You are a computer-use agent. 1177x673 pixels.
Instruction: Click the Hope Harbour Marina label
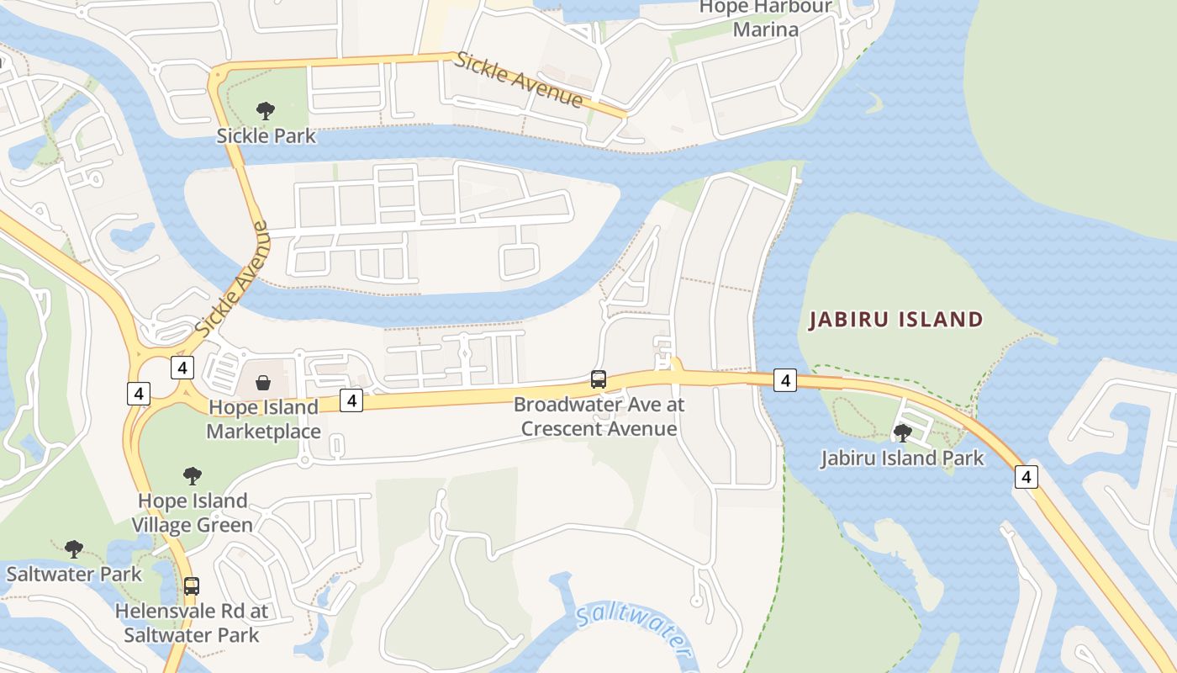coord(765,19)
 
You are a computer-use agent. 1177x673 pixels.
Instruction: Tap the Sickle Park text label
coord(267,135)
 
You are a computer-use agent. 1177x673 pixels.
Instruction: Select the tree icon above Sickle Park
coord(266,110)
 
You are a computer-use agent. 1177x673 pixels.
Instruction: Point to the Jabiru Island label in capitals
coord(895,320)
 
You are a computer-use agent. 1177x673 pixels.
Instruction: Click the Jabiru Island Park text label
coord(902,458)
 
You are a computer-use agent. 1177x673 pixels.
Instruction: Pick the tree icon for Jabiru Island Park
coord(903,433)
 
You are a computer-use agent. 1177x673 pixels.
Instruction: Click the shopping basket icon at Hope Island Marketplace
coord(263,384)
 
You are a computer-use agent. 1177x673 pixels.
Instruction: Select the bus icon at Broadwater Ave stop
coord(599,379)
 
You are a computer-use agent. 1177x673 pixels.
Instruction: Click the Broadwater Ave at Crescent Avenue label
coord(599,416)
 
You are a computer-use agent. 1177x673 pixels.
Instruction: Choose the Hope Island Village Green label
coord(193,513)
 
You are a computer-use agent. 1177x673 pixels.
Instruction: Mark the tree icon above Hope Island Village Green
coord(193,476)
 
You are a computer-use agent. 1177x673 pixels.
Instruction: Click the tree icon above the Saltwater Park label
coord(74,549)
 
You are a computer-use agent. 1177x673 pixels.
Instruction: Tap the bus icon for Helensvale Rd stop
coord(192,586)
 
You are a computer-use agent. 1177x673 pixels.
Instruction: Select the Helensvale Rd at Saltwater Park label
coord(192,623)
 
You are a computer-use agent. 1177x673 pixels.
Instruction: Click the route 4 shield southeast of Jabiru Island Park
coord(1026,477)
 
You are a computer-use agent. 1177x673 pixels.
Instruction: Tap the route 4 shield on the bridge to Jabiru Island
coord(784,380)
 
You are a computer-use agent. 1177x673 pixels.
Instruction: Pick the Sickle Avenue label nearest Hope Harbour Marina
coord(519,80)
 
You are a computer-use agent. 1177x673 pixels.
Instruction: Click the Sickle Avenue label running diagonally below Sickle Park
coord(232,278)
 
